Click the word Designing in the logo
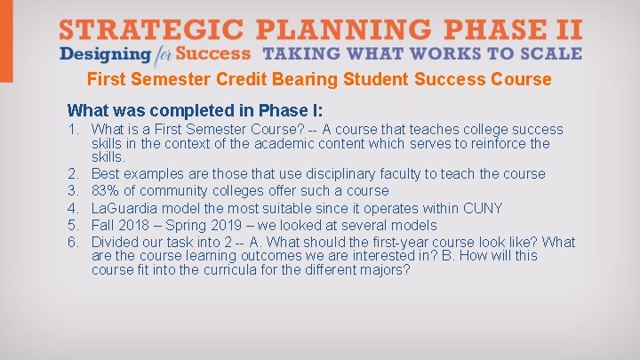point(98,52)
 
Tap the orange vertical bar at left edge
point(6,40)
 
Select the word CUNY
point(484,208)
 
